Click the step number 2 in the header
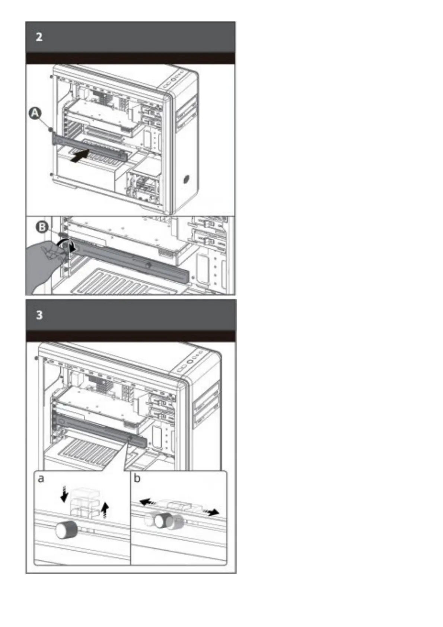pos(39,37)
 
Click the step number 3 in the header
pos(39,315)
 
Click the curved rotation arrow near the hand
pos(68,244)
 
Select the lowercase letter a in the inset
pos(41,479)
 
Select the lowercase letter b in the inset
pos(137,478)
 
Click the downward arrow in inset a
pos(64,493)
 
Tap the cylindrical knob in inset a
pos(66,529)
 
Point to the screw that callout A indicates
pos(51,130)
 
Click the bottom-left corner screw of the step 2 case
pos(51,174)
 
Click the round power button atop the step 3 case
pos(190,361)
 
